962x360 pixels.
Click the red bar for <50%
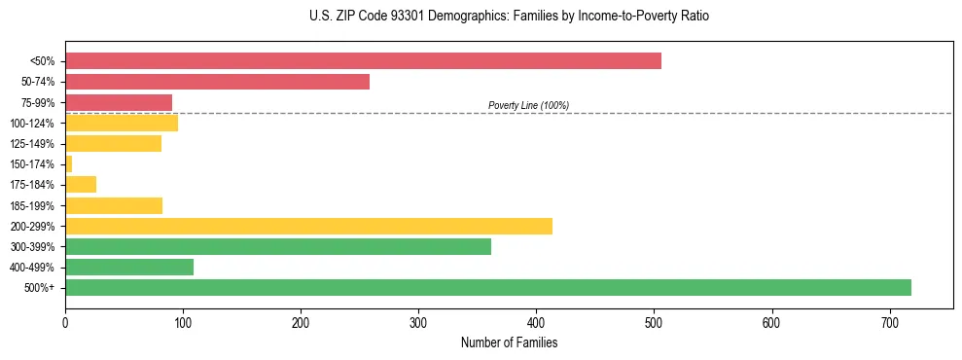point(363,61)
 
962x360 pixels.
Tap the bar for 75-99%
point(119,102)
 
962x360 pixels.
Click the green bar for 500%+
point(488,287)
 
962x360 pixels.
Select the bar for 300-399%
point(278,246)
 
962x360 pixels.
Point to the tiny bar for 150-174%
point(68,164)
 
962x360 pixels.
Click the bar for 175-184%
point(81,185)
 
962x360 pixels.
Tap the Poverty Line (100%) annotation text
point(528,105)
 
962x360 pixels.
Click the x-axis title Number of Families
point(509,342)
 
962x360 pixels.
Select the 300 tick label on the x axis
point(418,322)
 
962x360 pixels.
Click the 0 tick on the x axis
point(65,322)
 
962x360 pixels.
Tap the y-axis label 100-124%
point(32,124)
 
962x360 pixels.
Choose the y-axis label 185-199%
point(32,205)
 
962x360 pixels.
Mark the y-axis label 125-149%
point(32,144)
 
